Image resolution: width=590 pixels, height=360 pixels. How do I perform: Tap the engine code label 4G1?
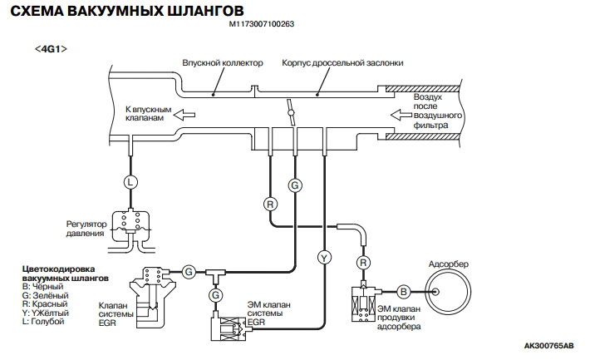tap(52, 49)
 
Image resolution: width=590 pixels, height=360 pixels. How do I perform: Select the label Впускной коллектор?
tap(222, 63)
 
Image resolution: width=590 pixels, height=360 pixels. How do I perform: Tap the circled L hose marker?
tap(129, 180)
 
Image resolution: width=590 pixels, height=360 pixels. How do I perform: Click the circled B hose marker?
tap(402, 292)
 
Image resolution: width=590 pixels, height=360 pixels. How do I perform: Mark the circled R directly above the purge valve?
tap(362, 263)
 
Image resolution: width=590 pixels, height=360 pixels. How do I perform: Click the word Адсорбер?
tap(449, 264)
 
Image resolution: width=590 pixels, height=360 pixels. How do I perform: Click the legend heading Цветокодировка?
tap(57, 269)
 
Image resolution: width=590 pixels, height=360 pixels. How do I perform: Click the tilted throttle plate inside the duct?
tap(291, 110)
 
